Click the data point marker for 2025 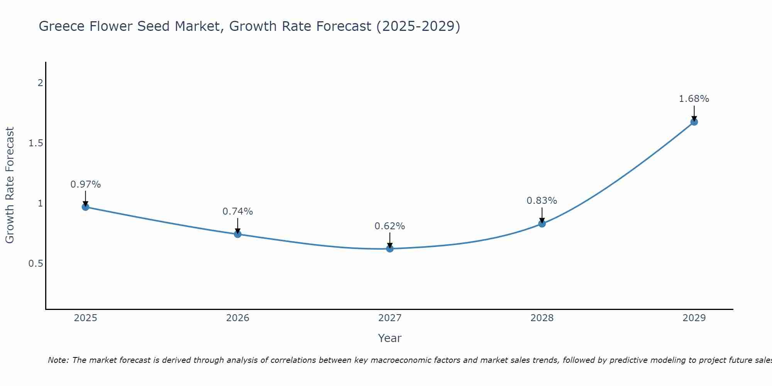[86, 207]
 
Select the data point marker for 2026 [238, 234]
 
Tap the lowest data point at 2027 [390, 249]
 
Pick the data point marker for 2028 [542, 223]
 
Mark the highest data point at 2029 [694, 122]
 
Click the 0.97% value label [86, 185]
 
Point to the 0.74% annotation [238, 212]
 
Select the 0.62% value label [390, 226]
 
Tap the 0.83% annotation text [542, 201]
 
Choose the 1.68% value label [694, 99]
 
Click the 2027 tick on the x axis [390, 318]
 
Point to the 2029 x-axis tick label [694, 318]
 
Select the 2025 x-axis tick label [86, 318]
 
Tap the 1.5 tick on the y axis [36, 143]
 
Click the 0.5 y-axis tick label [36, 264]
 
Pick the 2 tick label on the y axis [40, 83]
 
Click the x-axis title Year [390, 338]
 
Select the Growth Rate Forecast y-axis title [10, 185]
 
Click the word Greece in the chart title [62, 26]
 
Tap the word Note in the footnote [58, 360]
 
